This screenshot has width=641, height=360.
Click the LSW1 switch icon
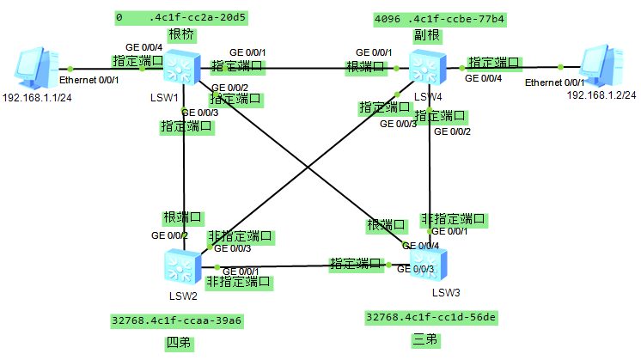tap(181, 66)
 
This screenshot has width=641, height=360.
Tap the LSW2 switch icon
tap(181, 267)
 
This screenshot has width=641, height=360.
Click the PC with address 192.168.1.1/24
tap(33, 69)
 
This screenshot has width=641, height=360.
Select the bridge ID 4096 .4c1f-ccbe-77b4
tap(426, 17)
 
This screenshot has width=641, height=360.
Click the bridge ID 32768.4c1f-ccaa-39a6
tap(177, 320)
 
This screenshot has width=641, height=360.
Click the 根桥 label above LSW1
tap(180, 35)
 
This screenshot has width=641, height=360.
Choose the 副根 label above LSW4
tap(424, 36)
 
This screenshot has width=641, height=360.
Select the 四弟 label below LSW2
tap(178, 344)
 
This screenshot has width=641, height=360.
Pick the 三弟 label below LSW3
tap(425, 339)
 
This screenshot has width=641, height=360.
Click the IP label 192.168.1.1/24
tap(35, 98)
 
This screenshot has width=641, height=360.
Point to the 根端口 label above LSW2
tap(182, 217)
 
